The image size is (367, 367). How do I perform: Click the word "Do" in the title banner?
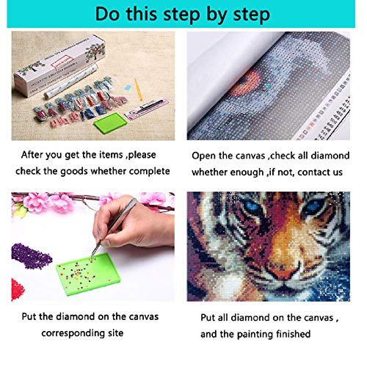107,14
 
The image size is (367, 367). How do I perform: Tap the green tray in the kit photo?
110,123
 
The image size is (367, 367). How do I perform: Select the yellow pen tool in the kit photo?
138,90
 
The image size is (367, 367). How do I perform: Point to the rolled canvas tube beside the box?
71,81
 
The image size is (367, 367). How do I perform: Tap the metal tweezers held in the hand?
113,229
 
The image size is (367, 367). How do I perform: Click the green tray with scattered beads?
88,274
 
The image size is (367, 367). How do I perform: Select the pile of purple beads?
31,256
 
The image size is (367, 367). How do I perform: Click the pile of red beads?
17,289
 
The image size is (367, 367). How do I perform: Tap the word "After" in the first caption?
32,155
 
